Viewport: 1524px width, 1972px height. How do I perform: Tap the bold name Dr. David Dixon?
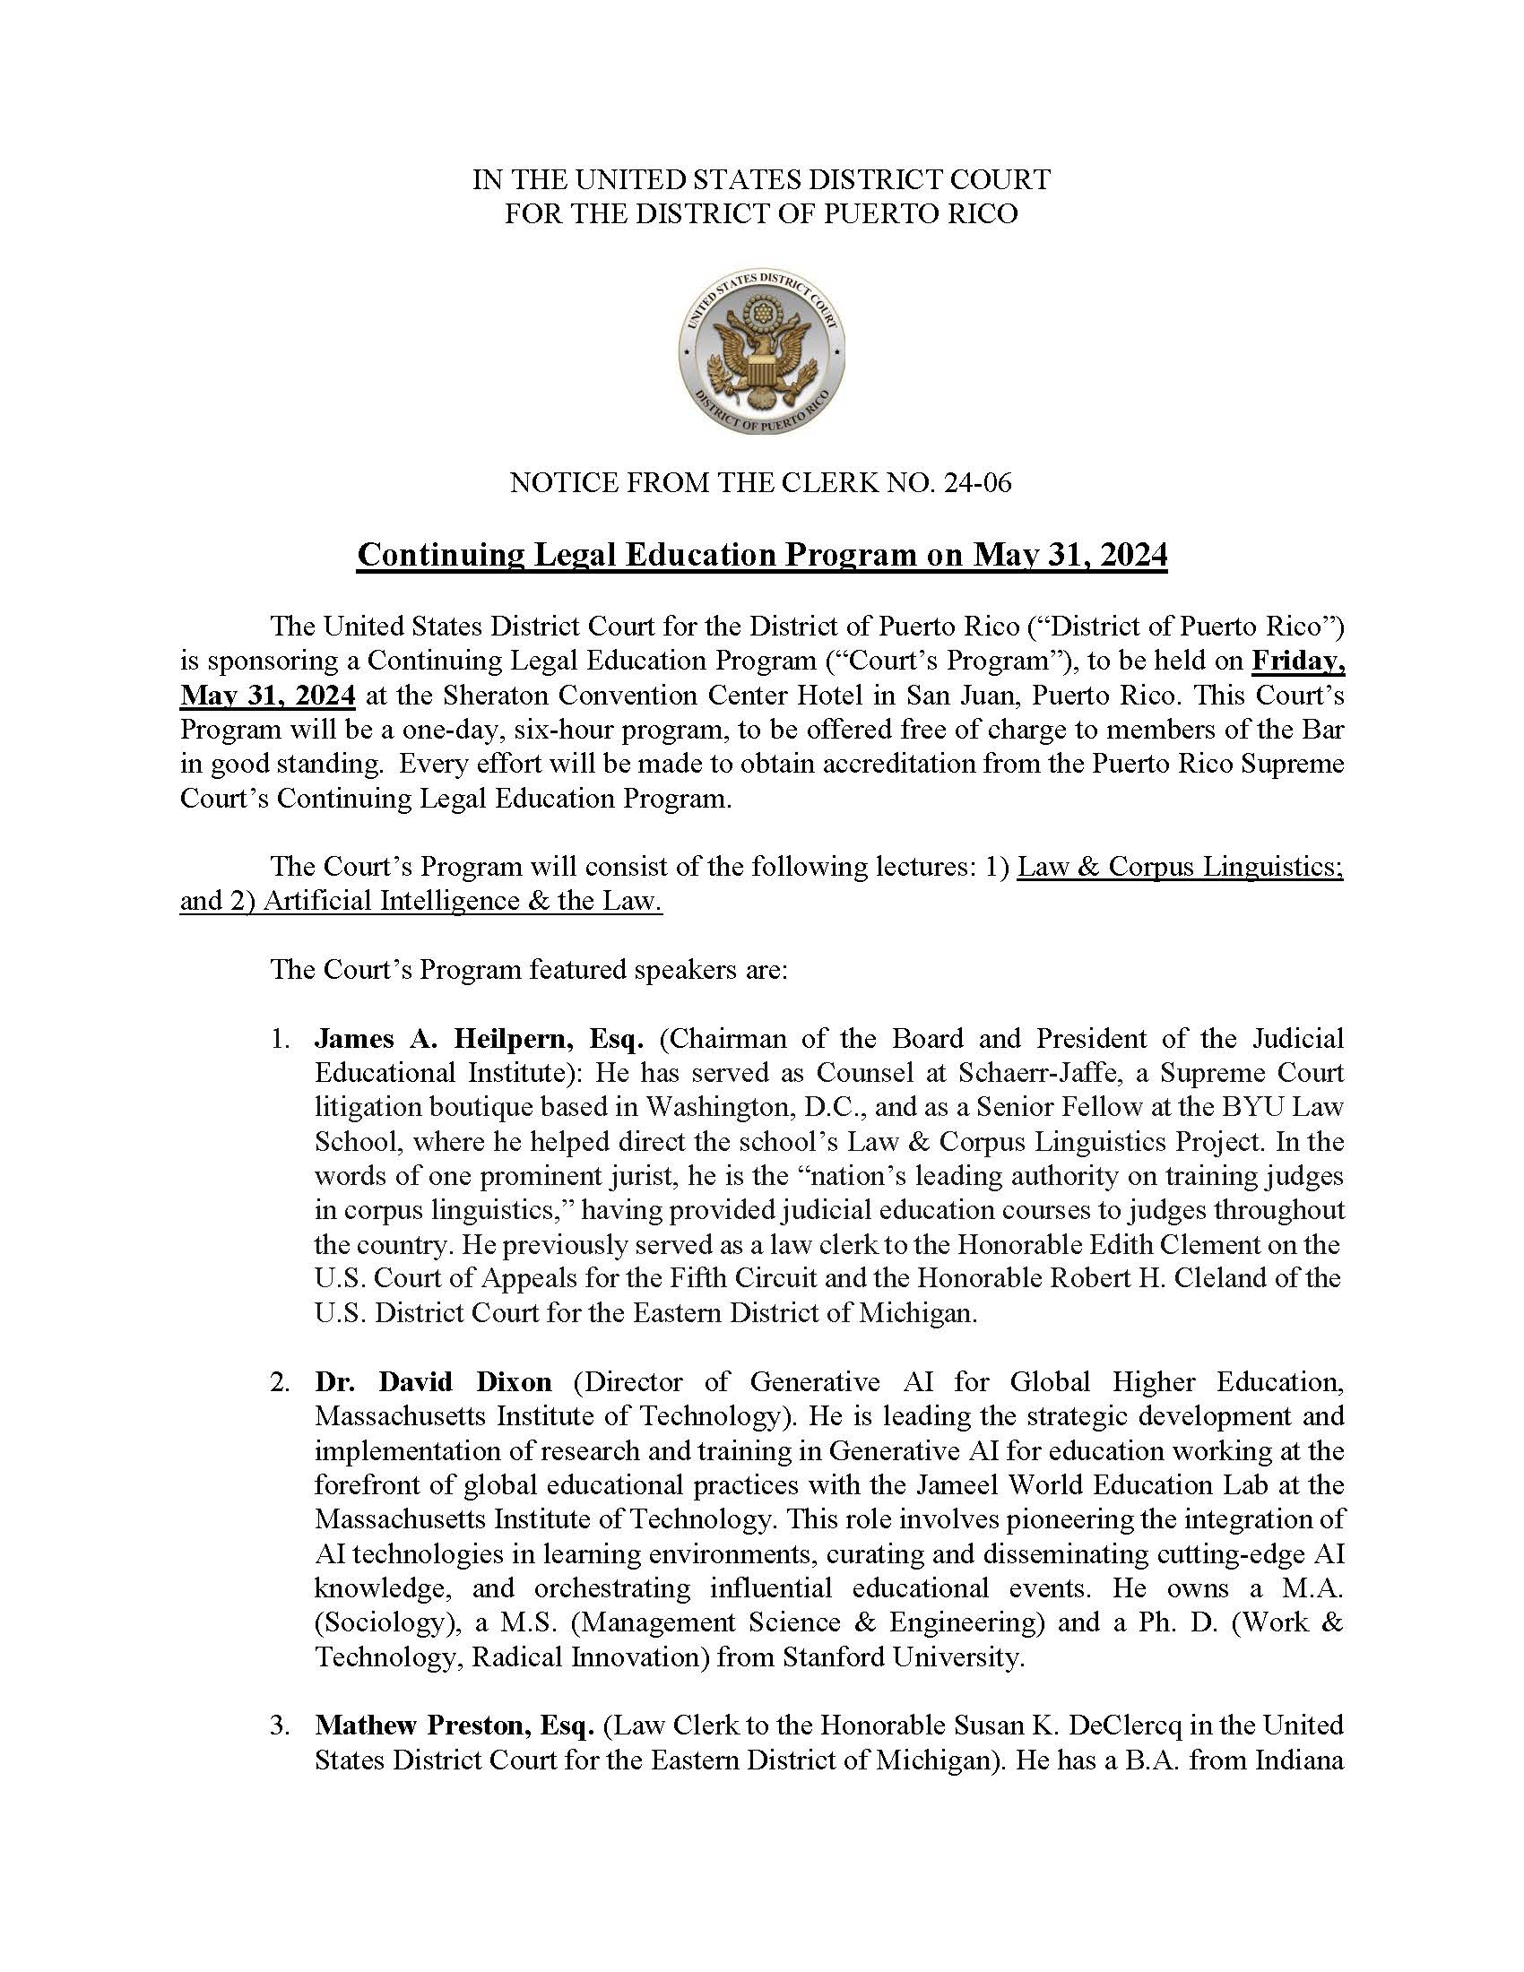point(432,1381)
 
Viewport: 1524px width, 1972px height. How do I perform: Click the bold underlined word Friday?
point(1297,661)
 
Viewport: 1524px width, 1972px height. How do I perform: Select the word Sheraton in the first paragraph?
point(593,696)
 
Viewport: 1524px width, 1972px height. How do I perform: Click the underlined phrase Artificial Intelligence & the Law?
point(463,901)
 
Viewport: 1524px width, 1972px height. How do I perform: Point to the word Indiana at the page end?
point(1298,1759)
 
